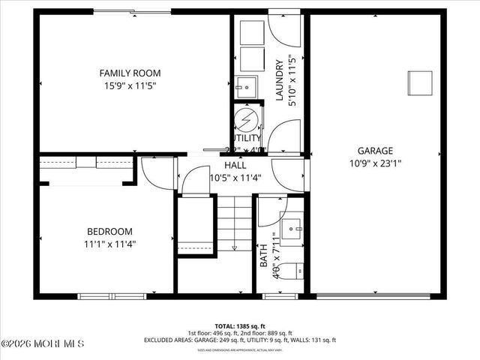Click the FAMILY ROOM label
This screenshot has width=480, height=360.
[130, 73]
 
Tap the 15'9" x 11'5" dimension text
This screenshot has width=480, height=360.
[130, 85]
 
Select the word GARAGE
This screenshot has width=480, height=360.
[375, 150]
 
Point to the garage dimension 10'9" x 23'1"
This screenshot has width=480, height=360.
[375, 163]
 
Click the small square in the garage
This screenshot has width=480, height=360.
[420, 81]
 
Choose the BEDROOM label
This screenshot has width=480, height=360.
[109, 231]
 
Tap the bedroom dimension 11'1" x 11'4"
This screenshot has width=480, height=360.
[109, 244]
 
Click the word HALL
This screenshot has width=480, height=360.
[235, 165]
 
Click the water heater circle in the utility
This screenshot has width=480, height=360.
[245, 120]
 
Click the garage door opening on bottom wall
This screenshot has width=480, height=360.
[374, 296]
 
